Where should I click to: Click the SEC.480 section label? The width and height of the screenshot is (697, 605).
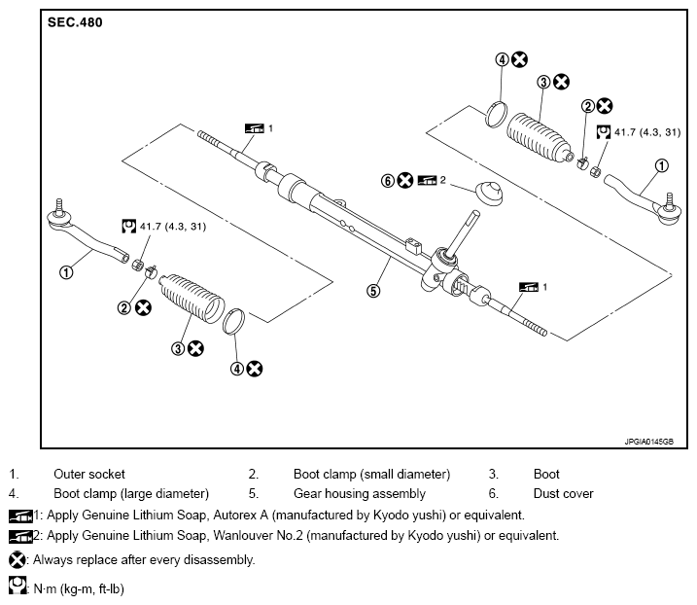coord(75,22)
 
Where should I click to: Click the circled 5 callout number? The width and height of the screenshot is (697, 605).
coord(373,291)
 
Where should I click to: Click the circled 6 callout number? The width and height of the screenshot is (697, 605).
coord(388,181)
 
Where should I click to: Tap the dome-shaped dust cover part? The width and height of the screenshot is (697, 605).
coord(489,193)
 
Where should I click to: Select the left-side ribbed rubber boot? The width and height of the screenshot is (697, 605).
coord(192,298)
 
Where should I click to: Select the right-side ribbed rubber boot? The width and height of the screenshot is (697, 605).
coord(539,137)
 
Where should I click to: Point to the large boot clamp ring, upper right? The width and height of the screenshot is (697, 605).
coord(496,115)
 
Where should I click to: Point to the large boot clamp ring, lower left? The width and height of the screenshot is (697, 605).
coord(234,321)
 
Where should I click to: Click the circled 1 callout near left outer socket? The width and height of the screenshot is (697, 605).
coord(66,271)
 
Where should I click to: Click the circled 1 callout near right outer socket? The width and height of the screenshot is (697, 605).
coord(662,166)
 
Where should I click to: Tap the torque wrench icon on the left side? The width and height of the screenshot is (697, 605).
coord(129,226)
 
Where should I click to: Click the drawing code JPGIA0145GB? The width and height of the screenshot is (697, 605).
coord(649,442)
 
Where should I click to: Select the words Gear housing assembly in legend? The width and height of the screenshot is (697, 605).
coord(359,494)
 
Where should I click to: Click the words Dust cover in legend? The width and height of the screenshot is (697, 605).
coord(563,494)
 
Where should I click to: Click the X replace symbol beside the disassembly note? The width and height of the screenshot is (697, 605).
coord(17,560)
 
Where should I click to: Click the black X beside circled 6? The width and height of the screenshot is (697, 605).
coord(405,180)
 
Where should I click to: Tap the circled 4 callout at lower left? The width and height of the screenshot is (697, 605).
coord(237,369)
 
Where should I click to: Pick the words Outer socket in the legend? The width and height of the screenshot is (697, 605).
coord(88,475)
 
